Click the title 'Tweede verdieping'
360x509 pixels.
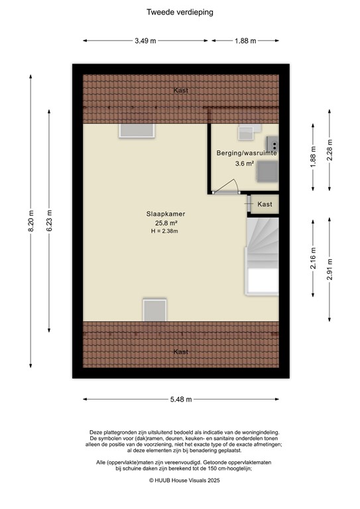[180, 12]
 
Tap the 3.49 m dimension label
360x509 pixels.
[145, 41]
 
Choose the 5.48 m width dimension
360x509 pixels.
[180, 399]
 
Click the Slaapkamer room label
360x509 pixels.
[165, 214]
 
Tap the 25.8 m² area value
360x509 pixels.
[165, 223]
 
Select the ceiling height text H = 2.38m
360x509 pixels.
[165, 231]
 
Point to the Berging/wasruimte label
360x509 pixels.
[246, 153]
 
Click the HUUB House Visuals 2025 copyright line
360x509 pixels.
[180, 480]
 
